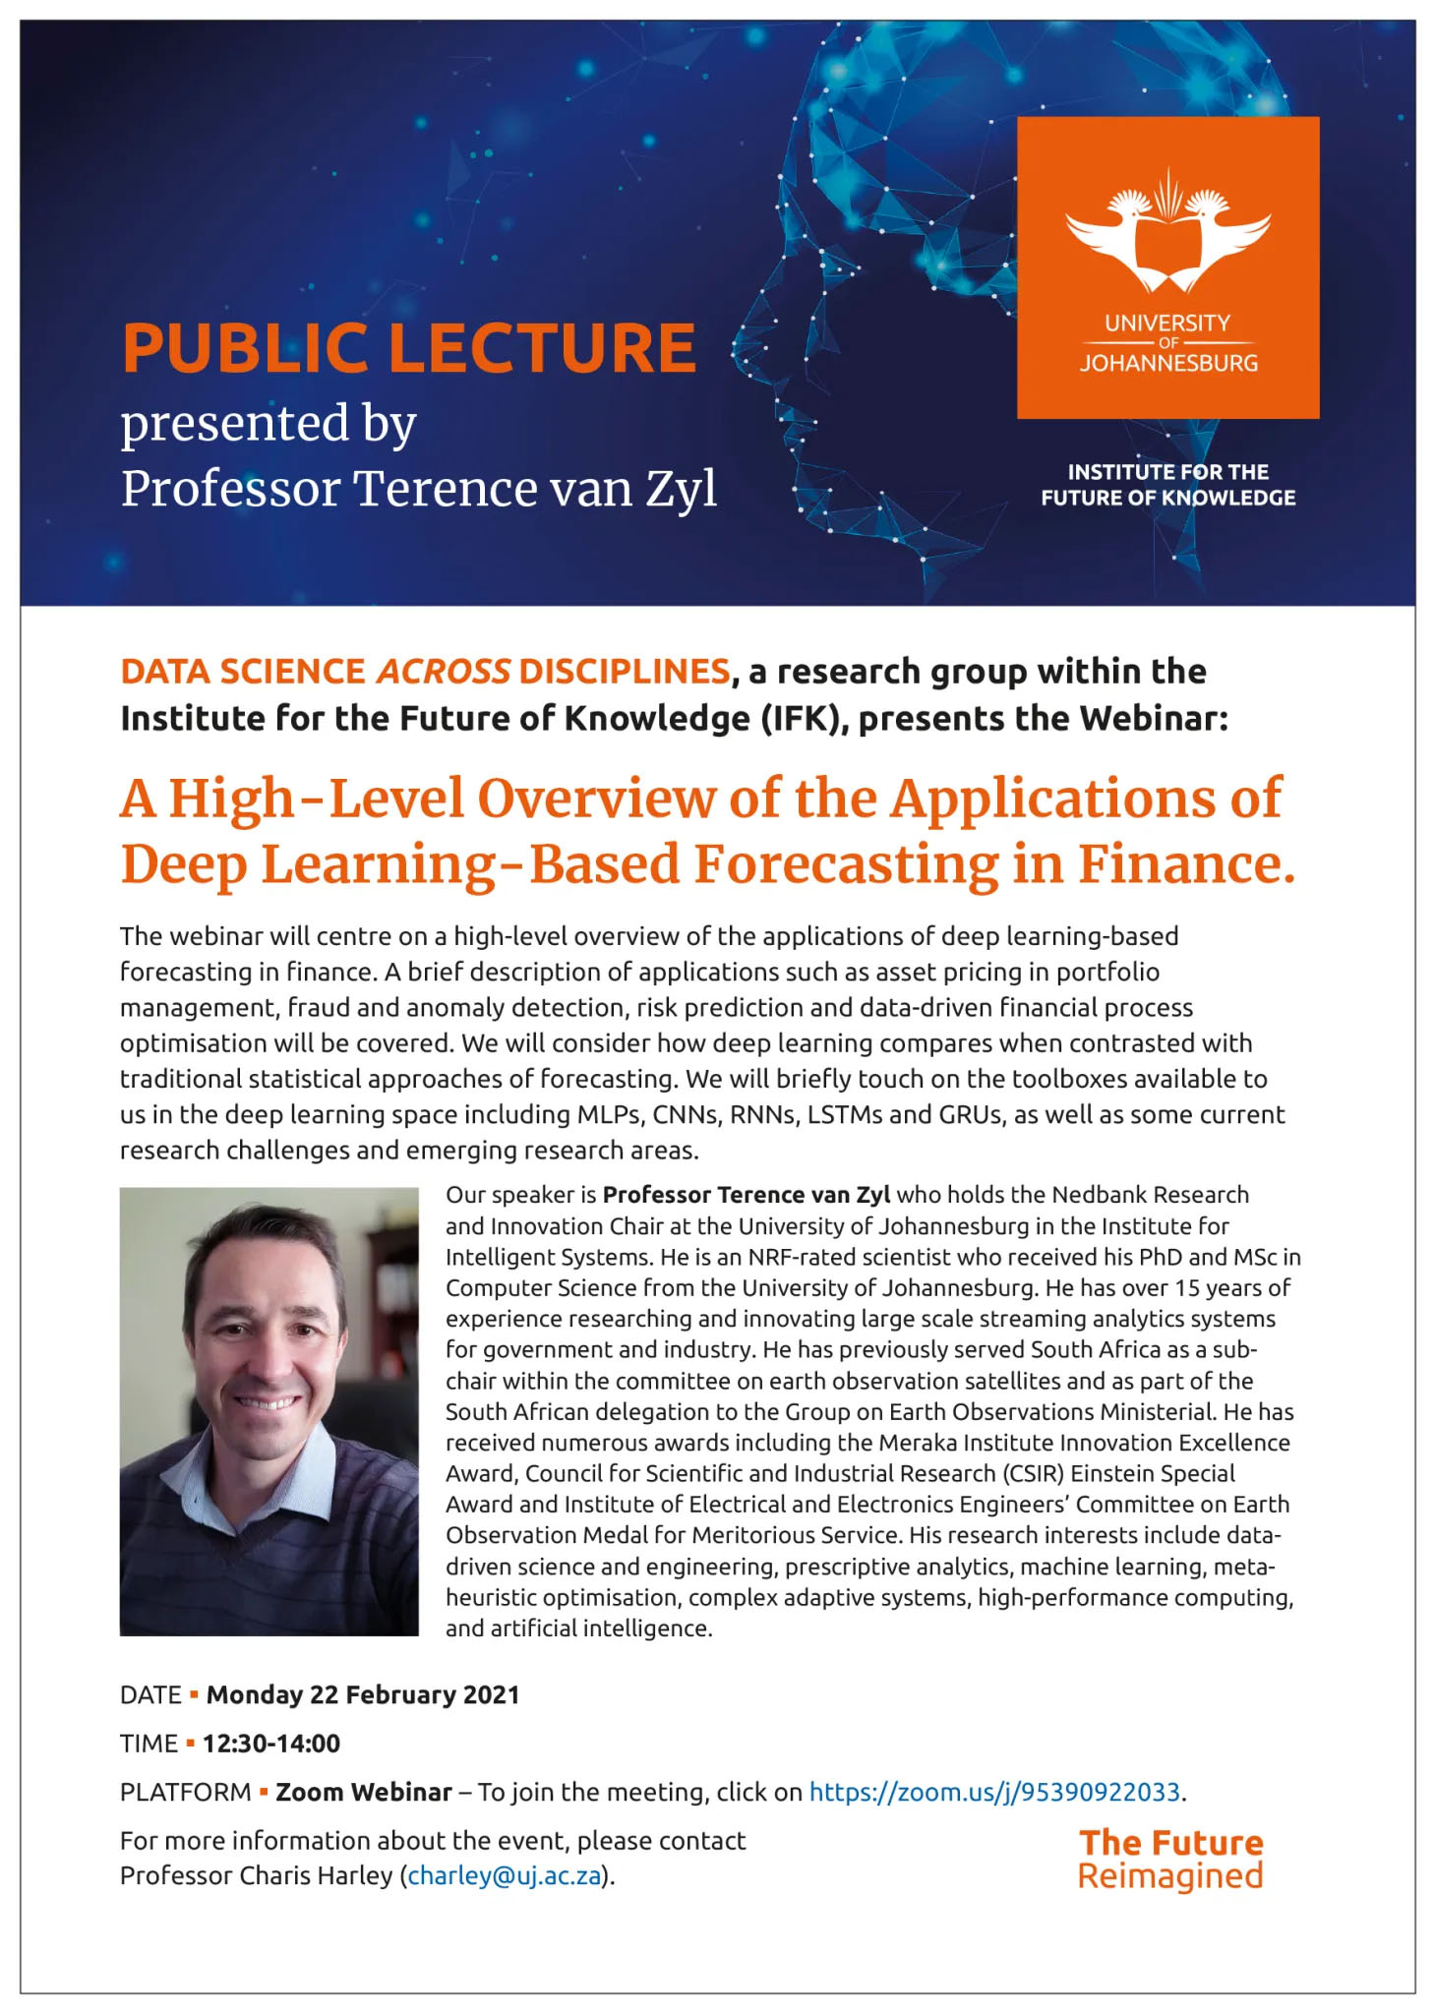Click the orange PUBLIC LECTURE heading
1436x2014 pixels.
(408, 348)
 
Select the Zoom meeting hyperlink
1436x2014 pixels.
(993, 1792)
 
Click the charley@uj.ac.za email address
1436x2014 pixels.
(504, 1875)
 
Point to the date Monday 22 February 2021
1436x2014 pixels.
(362, 1694)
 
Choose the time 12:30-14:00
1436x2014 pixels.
(271, 1744)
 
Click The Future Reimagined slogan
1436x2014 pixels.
(1170, 1859)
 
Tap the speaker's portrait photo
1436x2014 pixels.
(269, 1411)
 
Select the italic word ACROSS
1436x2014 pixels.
(443, 671)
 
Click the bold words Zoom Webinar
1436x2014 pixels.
(364, 1792)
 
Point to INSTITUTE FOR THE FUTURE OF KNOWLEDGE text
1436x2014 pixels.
(1167, 485)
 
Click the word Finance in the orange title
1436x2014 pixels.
(1186, 863)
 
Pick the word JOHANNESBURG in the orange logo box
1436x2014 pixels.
(1168, 363)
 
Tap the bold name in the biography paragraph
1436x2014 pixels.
(746, 1195)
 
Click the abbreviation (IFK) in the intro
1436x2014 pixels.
(804, 719)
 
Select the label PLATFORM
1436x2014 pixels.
(185, 1792)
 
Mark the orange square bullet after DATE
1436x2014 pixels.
(194, 1693)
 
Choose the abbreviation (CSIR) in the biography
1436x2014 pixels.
(1032, 1473)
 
